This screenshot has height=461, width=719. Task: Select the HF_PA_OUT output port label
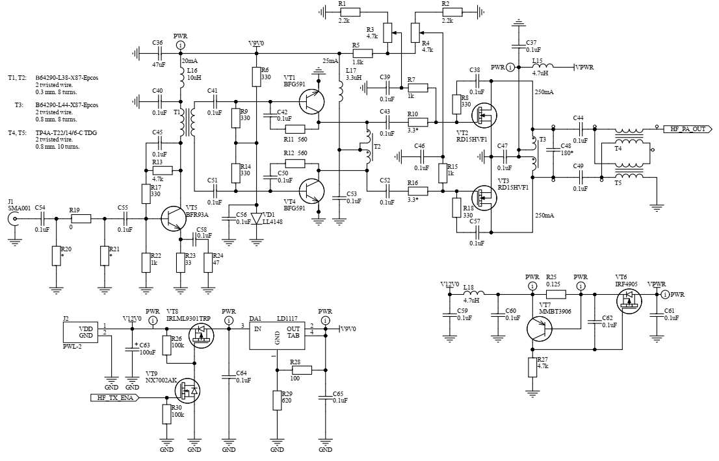click(x=688, y=129)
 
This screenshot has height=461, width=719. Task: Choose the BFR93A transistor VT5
click(x=174, y=219)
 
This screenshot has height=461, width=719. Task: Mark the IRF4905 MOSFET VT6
click(x=629, y=298)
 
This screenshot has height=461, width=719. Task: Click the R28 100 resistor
click(x=302, y=370)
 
